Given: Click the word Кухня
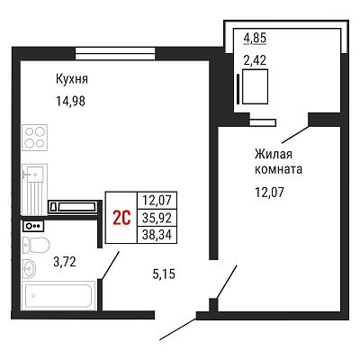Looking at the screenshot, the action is (72, 79).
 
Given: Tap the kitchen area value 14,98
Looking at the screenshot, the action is (70, 101).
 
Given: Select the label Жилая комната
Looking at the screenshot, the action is (278, 162).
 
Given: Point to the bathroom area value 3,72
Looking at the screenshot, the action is (65, 262).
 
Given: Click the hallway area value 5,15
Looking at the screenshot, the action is (164, 274).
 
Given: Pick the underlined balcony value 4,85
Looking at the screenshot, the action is (255, 39).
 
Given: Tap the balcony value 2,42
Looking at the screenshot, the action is (255, 61).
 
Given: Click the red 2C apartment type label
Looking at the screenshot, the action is (121, 218).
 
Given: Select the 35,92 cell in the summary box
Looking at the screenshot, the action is (157, 218).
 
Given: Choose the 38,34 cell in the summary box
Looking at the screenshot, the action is (157, 234).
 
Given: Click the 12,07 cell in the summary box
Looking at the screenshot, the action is (157, 200).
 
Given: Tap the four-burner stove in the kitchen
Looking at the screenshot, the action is (35, 138).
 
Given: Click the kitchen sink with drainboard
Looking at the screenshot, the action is (35, 190).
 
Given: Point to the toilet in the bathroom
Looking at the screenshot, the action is (36, 245).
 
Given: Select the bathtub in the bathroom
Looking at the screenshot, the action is (58, 295).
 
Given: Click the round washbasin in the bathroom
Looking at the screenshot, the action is (29, 267).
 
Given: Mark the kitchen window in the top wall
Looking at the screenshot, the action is (115, 54).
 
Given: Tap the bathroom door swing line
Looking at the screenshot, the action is (110, 265).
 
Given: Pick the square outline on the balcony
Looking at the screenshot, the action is (255, 86).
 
